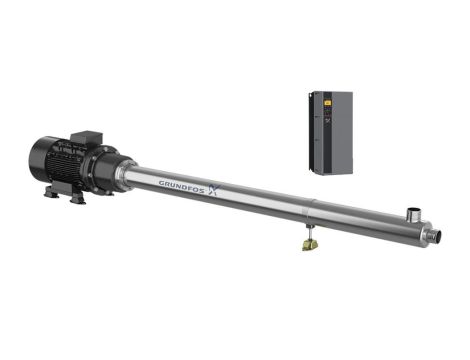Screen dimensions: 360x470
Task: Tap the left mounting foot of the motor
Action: (51, 193)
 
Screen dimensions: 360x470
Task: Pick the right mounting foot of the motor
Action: (78, 200)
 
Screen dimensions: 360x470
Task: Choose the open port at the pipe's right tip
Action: (435, 237)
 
